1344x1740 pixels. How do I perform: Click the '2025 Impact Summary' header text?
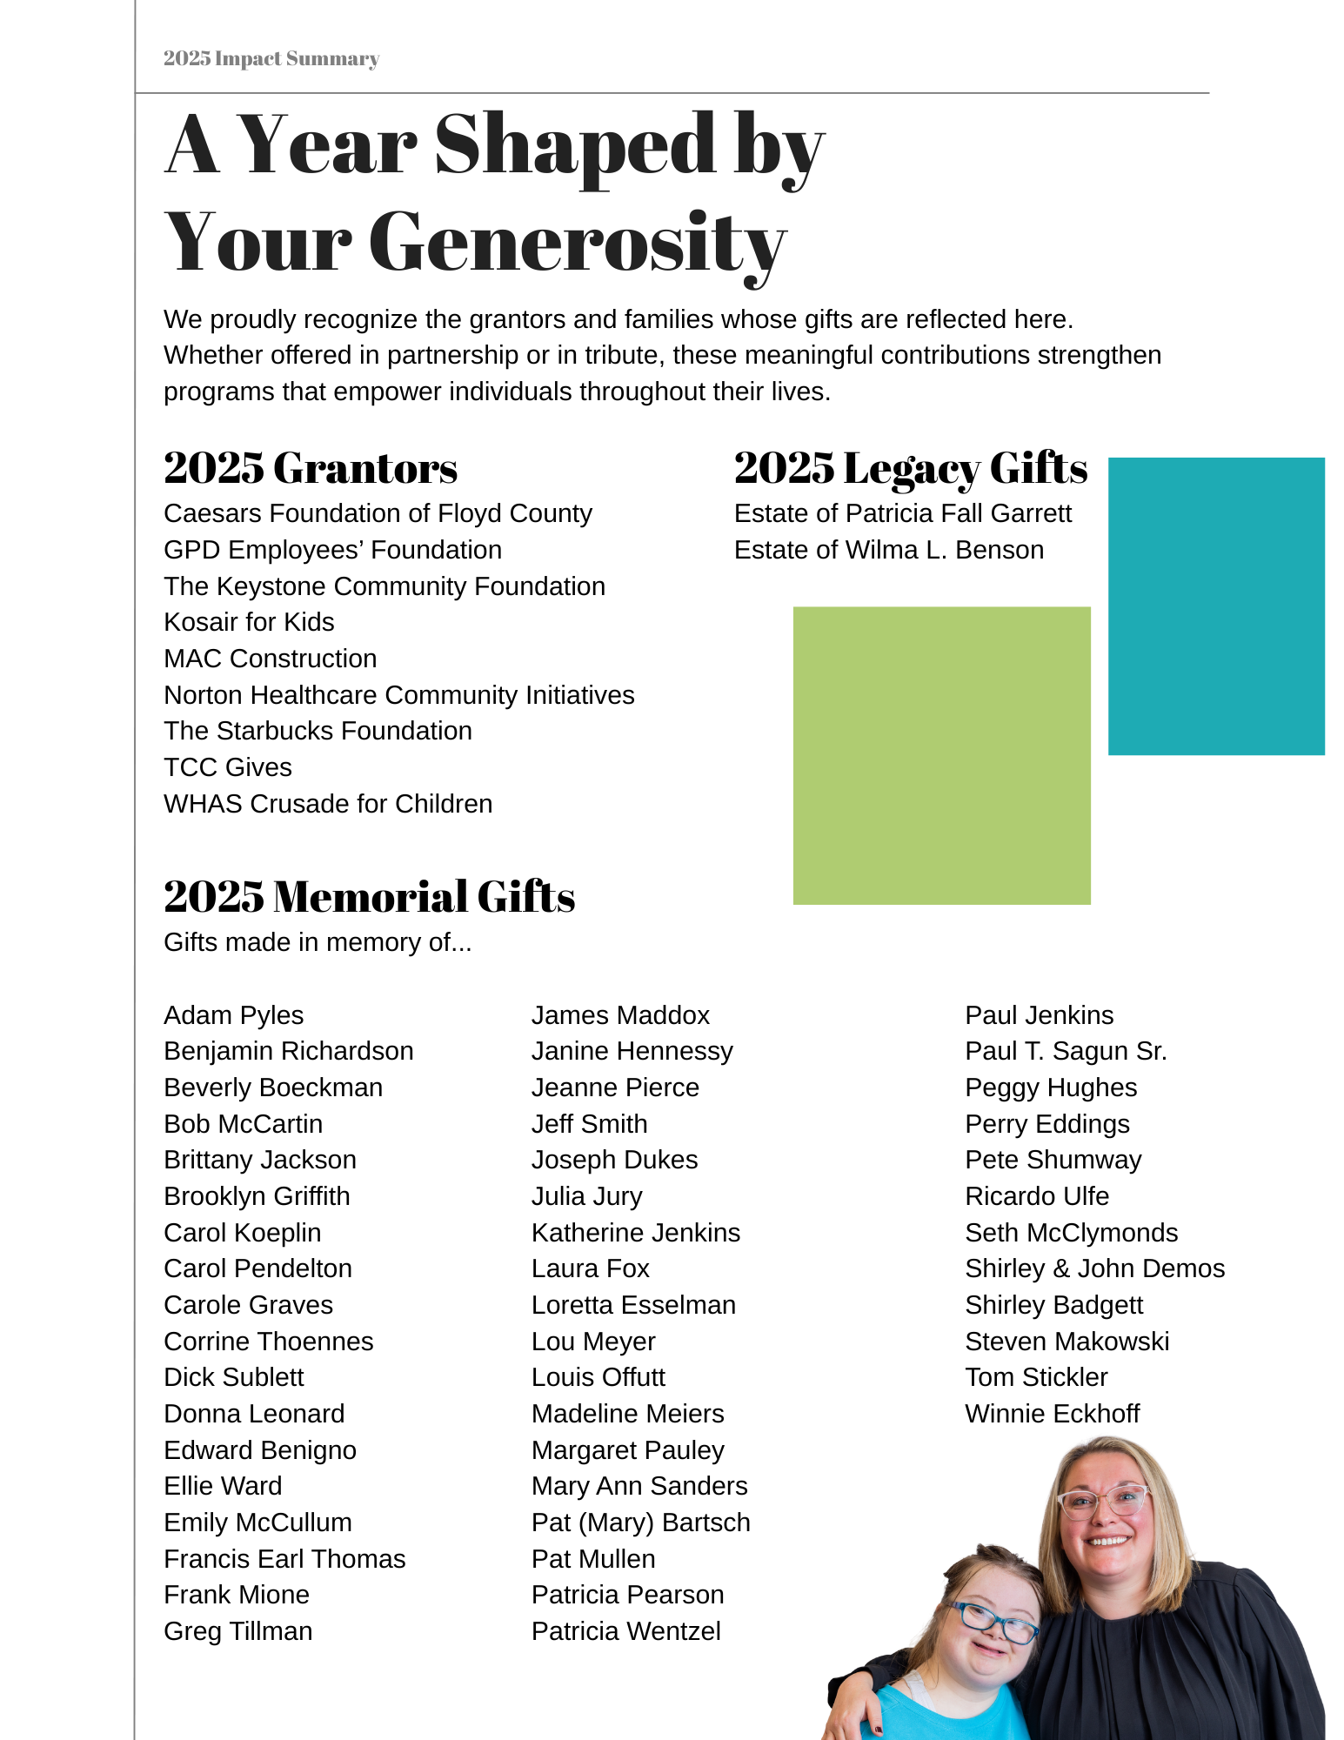(271, 58)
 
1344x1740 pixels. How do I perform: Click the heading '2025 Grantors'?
(310, 468)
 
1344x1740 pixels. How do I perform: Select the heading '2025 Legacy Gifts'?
(910, 468)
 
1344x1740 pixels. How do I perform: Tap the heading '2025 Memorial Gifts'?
(369, 896)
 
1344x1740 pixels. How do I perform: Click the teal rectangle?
(1215, 606)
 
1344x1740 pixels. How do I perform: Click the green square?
(941, 755)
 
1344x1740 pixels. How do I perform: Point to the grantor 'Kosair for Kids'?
(249, 622)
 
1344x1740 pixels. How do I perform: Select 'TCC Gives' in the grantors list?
(228, 767)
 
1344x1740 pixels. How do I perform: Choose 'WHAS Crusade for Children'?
(328, 804)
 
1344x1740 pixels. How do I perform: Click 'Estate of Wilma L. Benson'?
(888, 550)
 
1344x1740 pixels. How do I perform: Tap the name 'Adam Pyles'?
(233, 1015)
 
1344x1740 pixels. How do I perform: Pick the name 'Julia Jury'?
(586, 1196)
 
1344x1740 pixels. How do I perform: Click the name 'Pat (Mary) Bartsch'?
(640, 1522)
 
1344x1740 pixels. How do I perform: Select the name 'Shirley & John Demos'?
(1094, 1268)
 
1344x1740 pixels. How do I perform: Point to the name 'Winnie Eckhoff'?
(1052, 1414)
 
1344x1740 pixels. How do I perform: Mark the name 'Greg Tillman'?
(237, 1631)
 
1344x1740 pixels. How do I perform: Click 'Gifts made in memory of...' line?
(318, 942)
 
